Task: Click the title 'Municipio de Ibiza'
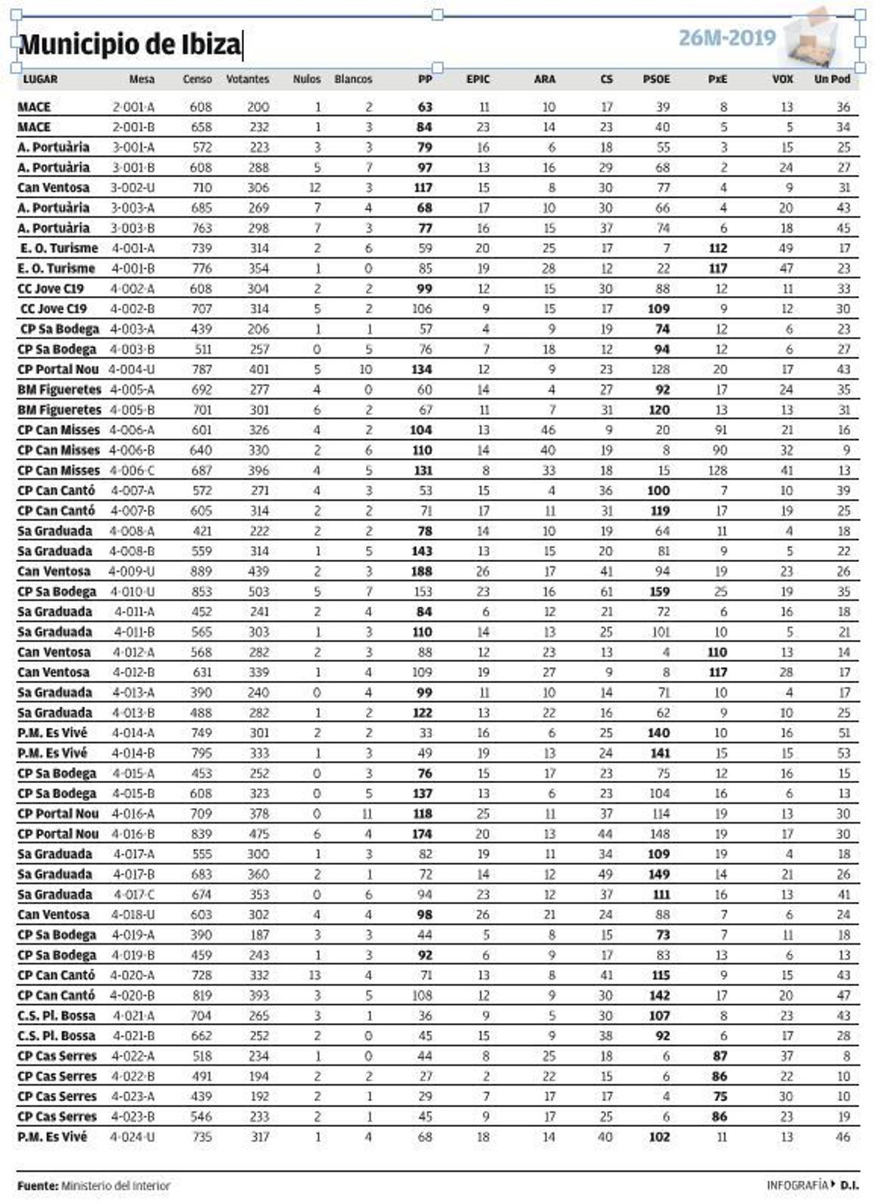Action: pos(129,45)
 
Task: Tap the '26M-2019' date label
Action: pos(726,38)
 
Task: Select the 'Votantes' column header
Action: pos(248,79)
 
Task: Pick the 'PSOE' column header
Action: pos(656,79)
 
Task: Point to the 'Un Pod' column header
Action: pos(832,79)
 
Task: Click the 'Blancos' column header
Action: pos(354,79)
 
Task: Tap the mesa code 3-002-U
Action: pos(132,188)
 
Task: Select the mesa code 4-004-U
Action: pos(132,370)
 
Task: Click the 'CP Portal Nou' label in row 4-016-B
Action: pos(58,834)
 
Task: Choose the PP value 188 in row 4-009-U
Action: pos(423,572)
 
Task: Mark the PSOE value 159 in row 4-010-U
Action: pos(659,591)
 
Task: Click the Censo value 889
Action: pos(201,572)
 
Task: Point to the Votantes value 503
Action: pos(258,591)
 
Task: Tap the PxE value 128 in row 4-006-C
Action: pos(717,470)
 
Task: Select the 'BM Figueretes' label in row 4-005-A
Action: pos(60,389)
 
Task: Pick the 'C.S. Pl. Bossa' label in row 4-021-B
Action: pos(57,1036)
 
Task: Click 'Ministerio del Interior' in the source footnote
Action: pos(115,1186)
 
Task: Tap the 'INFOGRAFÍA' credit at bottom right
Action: pos(797,1185)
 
